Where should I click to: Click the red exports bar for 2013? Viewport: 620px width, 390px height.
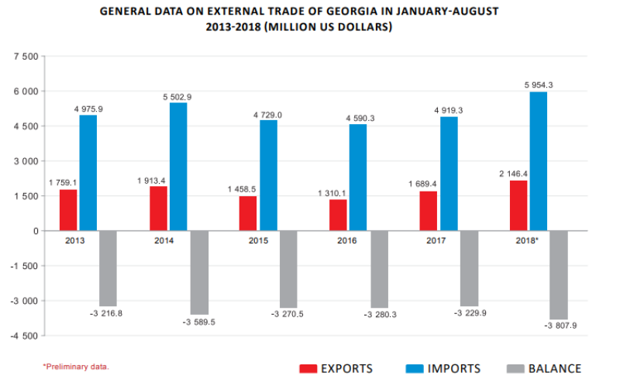(x=68, y=210)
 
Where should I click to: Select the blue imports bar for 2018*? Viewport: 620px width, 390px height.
(x=539, y=161)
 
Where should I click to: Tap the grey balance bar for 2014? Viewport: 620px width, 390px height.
(x=198, y=272)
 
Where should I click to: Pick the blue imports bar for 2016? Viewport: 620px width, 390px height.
(x=357, y=178)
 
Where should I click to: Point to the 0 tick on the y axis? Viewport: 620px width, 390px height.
(x=35, y=231)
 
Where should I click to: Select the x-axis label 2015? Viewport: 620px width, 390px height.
(x=259, y=241)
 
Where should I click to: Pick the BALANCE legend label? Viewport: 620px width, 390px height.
(x=554, y=368)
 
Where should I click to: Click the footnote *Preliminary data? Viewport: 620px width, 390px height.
(x=76, y=366)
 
